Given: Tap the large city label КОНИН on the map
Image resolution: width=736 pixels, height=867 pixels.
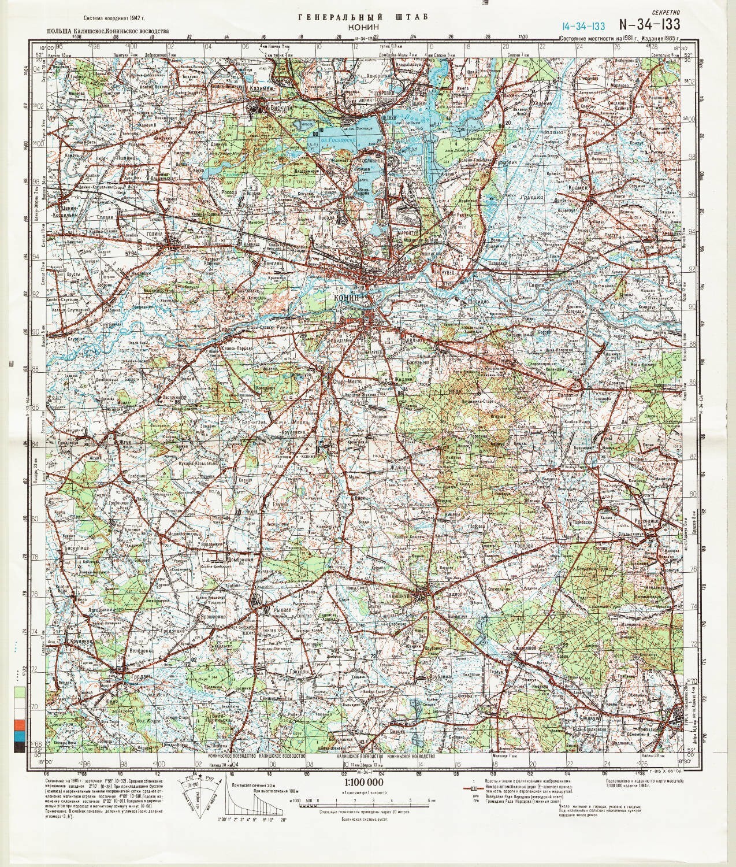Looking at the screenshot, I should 346,297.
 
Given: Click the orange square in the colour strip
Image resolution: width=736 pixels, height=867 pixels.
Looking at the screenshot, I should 19,724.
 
